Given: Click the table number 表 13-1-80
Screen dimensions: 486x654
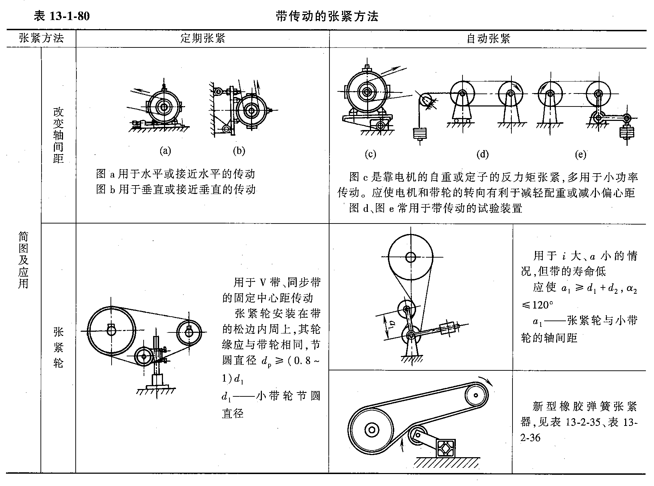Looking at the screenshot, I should point(61,16).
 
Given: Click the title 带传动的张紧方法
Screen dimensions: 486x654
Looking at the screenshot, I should point(327,16).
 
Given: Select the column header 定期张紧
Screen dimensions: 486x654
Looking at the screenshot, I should point(202,38).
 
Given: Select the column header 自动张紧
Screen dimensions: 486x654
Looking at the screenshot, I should point(488,38).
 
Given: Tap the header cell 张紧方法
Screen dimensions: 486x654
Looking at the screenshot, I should point(41,38).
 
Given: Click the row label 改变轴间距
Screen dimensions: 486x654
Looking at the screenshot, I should point(58,135).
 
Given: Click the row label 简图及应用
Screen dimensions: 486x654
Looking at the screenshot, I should point(23,260).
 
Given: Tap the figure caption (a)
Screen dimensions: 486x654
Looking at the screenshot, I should point(165,151).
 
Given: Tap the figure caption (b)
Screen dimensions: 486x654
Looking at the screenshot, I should point(239,151).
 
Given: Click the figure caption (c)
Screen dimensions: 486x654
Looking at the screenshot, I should point(370,154).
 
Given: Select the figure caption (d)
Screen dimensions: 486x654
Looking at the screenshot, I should point(483,154).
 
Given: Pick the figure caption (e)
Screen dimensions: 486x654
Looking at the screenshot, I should point(580,154).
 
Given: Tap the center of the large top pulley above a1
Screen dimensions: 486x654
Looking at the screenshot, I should point(410,257).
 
